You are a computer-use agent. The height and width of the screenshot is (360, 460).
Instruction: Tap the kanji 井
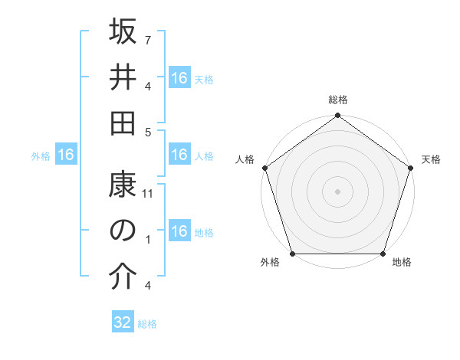point(123,78)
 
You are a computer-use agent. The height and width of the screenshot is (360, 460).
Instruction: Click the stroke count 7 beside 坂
point(148,38)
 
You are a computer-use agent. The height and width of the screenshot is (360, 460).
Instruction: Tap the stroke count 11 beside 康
point(149,195)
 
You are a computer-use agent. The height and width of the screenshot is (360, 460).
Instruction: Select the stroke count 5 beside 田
point(148,132)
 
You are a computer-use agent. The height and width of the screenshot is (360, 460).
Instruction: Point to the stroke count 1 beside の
point(148,239)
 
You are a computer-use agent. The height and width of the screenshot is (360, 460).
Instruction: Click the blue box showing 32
point(123,322)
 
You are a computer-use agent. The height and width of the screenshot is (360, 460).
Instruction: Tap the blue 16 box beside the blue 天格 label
point(179,78)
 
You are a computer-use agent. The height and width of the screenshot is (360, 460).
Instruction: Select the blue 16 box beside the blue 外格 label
point(66,155)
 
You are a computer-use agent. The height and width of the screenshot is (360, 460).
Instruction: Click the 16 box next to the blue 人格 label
point(179,155)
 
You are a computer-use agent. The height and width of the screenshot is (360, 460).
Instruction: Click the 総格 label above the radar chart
point(337,100)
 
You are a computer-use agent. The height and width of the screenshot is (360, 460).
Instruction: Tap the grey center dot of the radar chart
point(337,191)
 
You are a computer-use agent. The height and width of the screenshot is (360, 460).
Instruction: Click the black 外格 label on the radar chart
point(270,263)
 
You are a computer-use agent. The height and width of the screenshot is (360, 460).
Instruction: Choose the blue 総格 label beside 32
point(147,324)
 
